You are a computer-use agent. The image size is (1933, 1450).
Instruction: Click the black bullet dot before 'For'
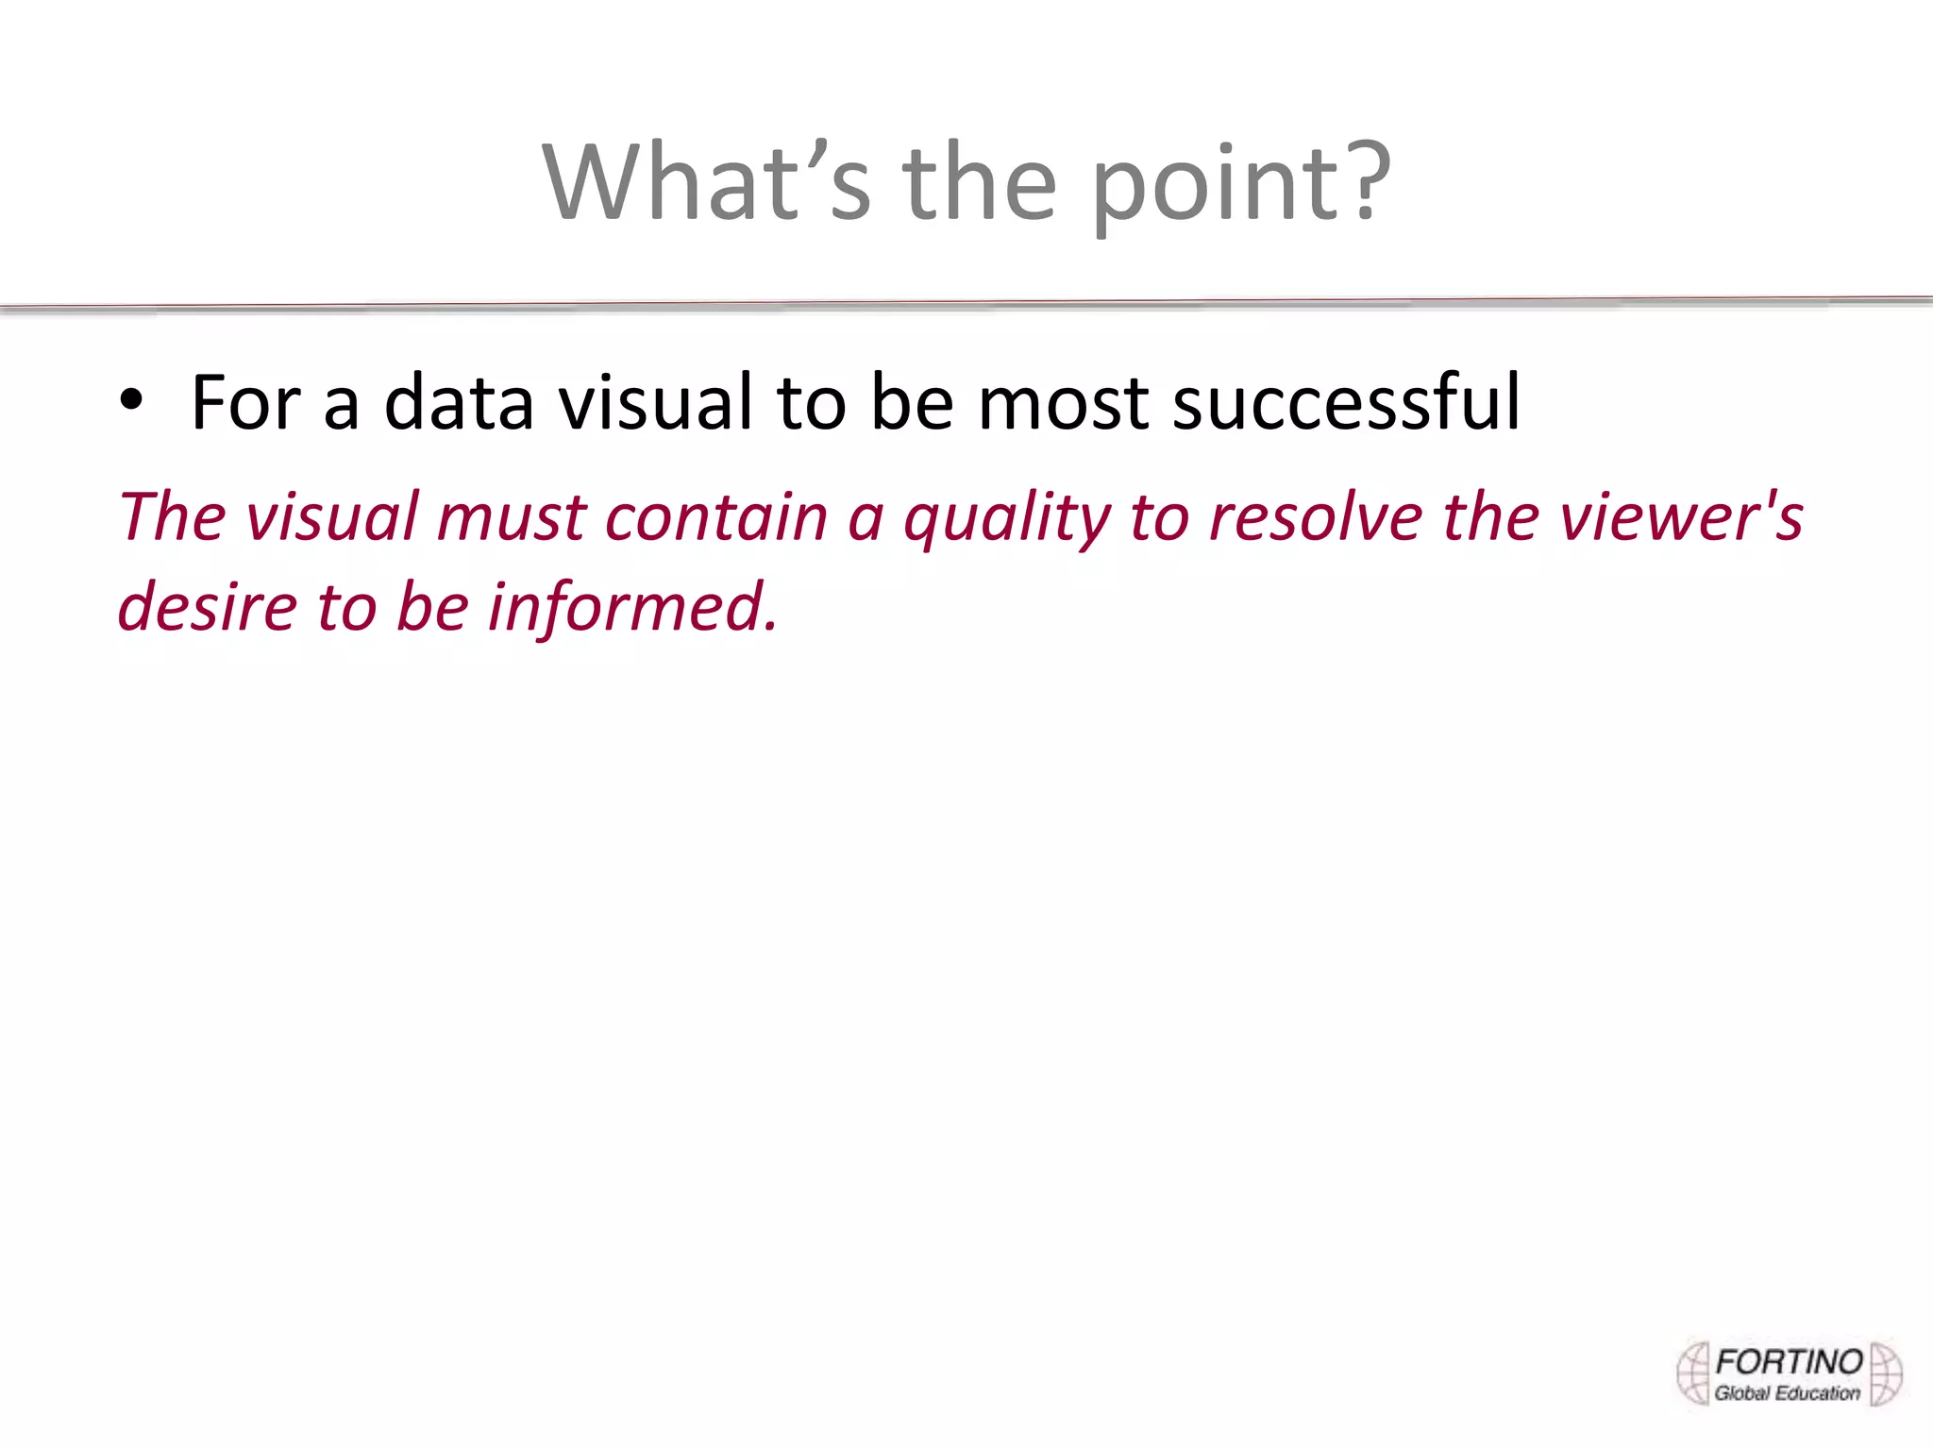pos(131,400)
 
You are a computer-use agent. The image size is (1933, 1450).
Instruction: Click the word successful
pos(1346,403)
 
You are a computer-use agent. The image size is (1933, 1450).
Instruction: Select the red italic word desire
pos(207,606)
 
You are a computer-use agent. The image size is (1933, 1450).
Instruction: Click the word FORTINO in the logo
pos(1789,1362)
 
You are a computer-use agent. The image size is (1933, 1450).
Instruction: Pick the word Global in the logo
pos(1742,1393)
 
